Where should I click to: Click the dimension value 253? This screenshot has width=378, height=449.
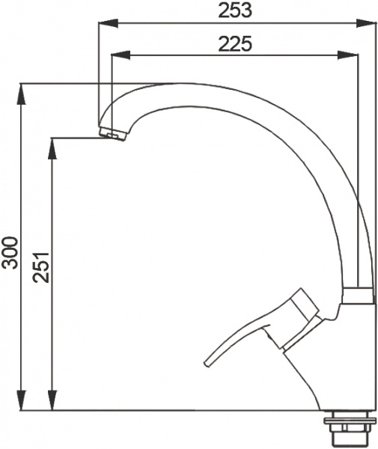pos(234,10)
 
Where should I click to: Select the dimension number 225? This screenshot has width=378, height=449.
pos(234,44)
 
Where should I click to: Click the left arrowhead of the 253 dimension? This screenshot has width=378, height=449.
pos(105,23)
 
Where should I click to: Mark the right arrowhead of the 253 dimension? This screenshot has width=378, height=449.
pos(369,23)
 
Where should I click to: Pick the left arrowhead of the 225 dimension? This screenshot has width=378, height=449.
pos(116,56)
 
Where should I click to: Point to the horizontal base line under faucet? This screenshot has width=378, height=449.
pos(187,411)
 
